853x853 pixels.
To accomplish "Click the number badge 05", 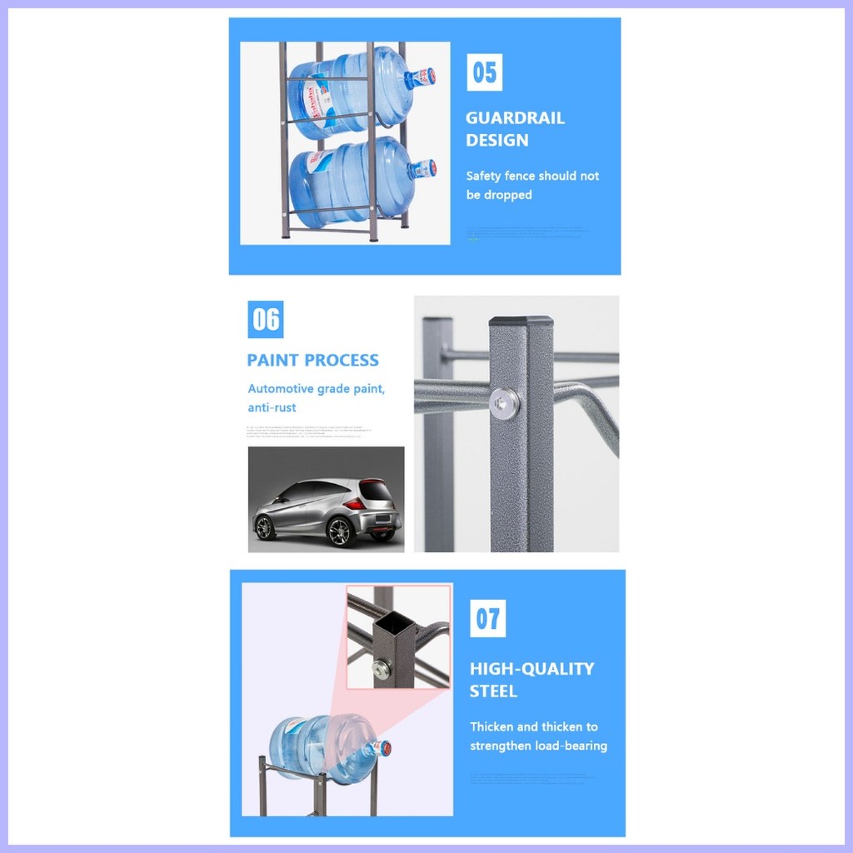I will point(484,73).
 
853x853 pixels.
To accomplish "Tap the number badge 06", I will point(266,320).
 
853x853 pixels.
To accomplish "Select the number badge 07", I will point(487,619).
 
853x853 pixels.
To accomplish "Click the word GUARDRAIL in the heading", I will point(515,118).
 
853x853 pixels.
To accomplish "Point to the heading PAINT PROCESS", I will point(312,361).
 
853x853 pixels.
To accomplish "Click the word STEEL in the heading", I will point(493,691).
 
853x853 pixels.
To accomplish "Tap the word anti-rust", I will point(272,407).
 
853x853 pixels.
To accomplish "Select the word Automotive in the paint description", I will point(280,389).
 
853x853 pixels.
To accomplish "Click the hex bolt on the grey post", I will point(503,403).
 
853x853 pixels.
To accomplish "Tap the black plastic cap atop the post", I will point(521,321).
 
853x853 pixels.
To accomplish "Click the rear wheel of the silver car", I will point(341,531).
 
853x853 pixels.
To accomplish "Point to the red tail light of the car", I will point(355,503).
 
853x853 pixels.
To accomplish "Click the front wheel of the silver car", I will point(266,527).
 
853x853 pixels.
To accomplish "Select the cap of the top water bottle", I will point(423,77).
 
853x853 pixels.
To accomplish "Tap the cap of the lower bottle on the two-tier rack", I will point(424,169).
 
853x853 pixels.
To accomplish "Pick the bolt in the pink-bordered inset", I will point(383,666).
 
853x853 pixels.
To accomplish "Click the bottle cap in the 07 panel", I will point(382,748).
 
